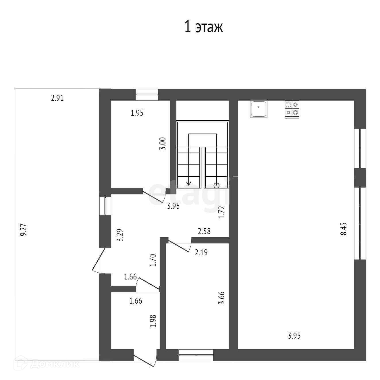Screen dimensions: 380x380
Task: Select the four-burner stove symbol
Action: coord(292,109)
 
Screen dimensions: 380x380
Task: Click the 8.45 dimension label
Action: coord(344,229)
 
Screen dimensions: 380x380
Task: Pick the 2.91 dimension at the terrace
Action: coord(57,98)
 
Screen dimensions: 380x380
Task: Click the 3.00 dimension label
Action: coord(163,143)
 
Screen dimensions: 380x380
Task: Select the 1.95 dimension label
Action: coord(137,113)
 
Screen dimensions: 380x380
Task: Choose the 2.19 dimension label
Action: coord(201,253)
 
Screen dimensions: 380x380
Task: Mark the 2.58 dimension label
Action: coord(204,231)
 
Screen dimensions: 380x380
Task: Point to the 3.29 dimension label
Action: coord(121,235)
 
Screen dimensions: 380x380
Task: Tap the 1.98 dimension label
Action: coord(153,321)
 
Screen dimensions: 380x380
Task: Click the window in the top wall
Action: coord(147,95)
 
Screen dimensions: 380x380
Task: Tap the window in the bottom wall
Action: coord(196,355)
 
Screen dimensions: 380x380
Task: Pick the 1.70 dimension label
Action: coord(153,260)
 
